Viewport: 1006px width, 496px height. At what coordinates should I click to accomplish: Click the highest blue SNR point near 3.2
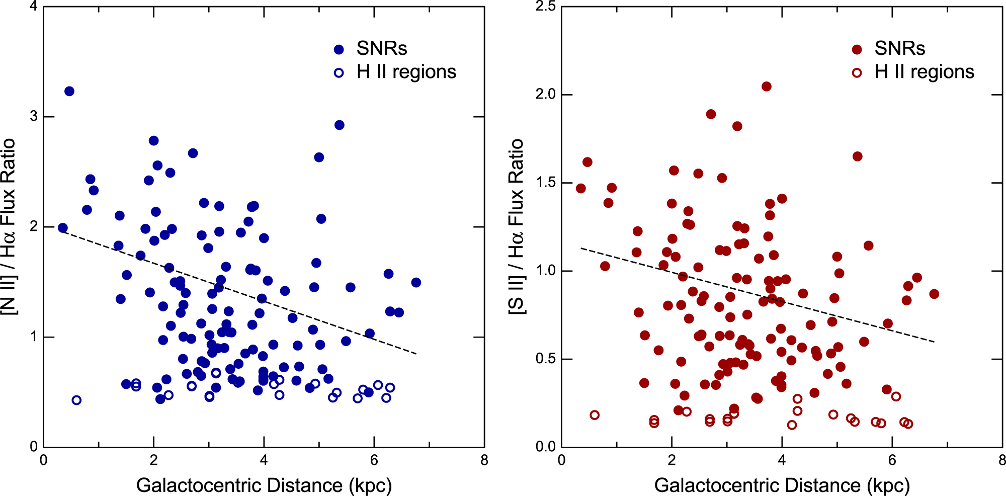pyautogui.click(x=69, y=91)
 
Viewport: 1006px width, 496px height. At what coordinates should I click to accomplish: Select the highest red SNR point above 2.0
pyautogui.click(x=766, y=87)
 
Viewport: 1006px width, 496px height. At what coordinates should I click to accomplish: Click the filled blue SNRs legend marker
pyautogui.click(x=339, y=49)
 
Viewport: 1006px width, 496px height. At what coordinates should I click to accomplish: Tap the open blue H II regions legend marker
pyautogui.click(x=339, y=73)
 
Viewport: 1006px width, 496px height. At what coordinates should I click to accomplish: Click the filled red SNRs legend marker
pyautogui.click(x=857, y=49)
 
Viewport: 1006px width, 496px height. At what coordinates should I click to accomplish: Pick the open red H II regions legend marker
pyautogui.click(x=857, y=73)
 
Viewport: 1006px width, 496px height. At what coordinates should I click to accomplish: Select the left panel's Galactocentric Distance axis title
pyautogui.click(x=264, y=485)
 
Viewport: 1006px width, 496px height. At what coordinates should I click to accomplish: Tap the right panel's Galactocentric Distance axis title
pyautogui.click(x=782, y=485)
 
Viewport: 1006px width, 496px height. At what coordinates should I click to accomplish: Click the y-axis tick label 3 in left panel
pyautogui.click(x=34, y=116)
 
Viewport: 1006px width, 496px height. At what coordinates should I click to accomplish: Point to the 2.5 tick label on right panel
pyautogui.click(x=545, y=7)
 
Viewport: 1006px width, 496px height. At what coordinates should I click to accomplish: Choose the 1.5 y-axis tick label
pyautogui.click(x=545, y=183)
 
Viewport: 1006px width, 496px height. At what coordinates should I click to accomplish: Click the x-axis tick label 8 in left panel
pyautogui.click(x=484, y=460)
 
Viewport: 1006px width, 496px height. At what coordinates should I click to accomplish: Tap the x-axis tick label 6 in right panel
pyautogui.click(x=892, y=460)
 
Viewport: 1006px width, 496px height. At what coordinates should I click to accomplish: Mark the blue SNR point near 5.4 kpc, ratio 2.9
pyautogui.click(x=339, y=125)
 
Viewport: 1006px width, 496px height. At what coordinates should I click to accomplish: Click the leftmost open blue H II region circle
pyautogui.click(x=76, y=400)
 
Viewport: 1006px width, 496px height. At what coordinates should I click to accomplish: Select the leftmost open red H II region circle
pyautogui.click(x=595, y=415)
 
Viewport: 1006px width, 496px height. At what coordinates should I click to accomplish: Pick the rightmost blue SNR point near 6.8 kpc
pyautogui.click(x=416, y=283)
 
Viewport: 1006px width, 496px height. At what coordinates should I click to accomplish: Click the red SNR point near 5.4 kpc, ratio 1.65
pyautogui.click(x=858, y=156)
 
